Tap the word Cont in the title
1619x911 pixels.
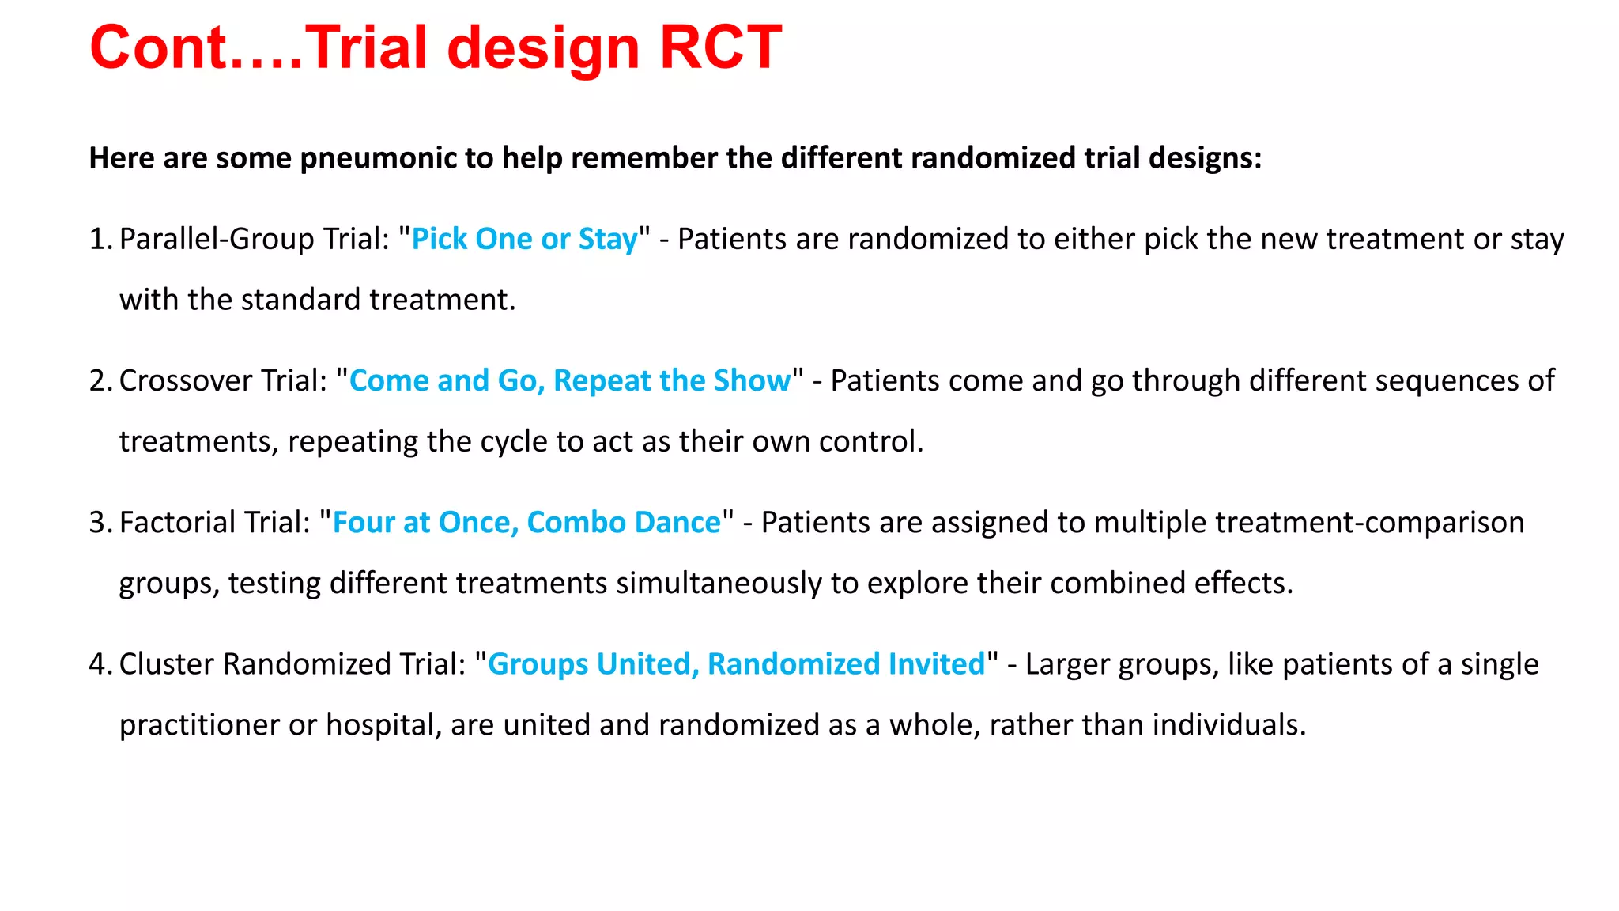click(158, 48)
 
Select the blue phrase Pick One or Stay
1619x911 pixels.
click(524, 239)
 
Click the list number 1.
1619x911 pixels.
click(98, 239)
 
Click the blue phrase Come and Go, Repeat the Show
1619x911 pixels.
click(569, 380)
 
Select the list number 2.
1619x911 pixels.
click(98, 380)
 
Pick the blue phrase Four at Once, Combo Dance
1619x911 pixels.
click(526, 522)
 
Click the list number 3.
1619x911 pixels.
click(98, 522)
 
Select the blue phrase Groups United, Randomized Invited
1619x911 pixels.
click(736, 663)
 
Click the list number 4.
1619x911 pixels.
click(98, 663)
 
